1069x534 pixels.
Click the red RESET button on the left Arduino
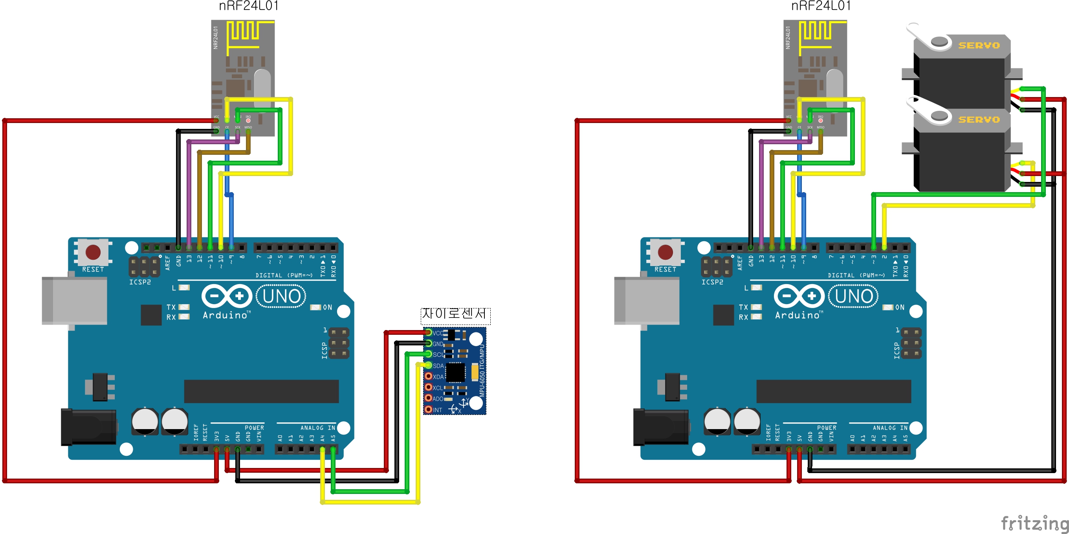(x=93, y=252)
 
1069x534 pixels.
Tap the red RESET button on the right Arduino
(x=665, y=252)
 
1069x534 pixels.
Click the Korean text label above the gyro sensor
(x=455, y=314)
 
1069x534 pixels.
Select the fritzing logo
(x=1034, y=523)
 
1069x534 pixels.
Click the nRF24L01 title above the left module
(x=249, y=6)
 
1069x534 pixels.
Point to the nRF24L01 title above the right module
(x=821, y=6)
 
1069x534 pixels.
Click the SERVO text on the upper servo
(x=979, y=45)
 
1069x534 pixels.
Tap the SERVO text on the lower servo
(x=979, y=119)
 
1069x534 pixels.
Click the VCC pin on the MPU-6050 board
(x=428, y=332)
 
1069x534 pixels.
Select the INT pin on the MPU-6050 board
(x=428, y=409)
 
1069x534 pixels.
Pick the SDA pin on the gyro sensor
(x=428, y=365)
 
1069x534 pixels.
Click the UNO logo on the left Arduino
(x=281, y=296)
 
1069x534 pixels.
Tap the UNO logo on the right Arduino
(x=853, y=296)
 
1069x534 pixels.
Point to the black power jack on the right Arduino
(x=660, y=427)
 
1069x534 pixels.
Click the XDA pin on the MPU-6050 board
(x=428, y=376)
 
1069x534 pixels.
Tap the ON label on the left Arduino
(x=327, y=307)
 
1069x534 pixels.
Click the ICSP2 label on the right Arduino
(x=712, y=282)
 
